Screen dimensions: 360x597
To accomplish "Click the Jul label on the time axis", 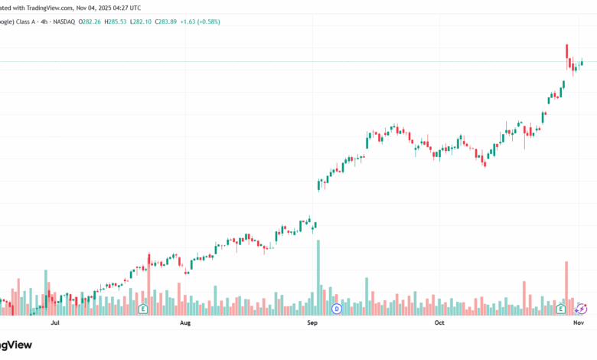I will click(x=55, y=323).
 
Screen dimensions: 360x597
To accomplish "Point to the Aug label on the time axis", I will click(x=184, y=323).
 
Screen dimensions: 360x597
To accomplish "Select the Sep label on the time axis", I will click(x=312, y=323).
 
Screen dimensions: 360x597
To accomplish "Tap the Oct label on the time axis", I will click(x=439, y=323).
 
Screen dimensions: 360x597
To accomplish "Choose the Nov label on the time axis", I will click(x=579, y=323).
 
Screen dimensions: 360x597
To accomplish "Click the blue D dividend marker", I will click(x=337, y=309).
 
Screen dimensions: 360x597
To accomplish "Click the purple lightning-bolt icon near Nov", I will click(x=581, y=309).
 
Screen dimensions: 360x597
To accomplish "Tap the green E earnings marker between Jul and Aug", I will click(x=142, y=309).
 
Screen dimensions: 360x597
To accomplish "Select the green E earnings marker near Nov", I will click(x=561, y=309).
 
